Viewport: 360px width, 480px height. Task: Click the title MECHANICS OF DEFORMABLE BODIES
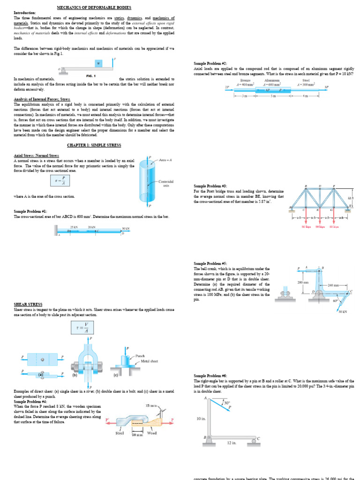[94, 8]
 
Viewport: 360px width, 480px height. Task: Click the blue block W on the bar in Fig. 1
[98, 63]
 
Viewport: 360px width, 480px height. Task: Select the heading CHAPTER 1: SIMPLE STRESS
[94, 145]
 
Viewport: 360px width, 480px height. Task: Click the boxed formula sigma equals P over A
[63, 180]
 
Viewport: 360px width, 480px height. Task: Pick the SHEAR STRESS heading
[28, 304]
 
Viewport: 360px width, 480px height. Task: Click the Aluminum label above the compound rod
[272, 80]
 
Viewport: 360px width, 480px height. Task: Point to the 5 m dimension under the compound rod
[273, 96]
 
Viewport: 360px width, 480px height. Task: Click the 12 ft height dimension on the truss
[351, 199]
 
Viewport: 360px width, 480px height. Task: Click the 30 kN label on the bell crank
[342, 311]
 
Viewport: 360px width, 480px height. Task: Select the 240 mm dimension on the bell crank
[333, 285]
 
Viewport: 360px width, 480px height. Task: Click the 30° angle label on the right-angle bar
[227, 402]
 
